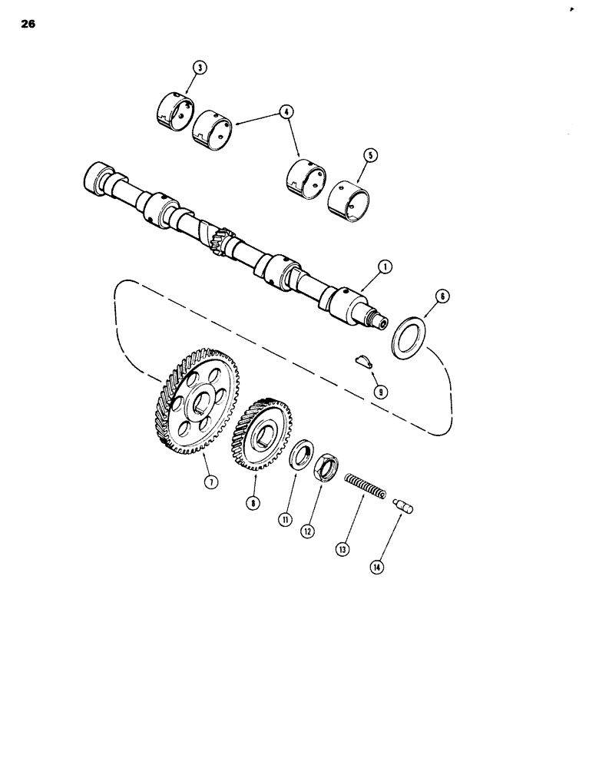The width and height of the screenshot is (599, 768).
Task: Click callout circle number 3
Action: click(x=199, y=68)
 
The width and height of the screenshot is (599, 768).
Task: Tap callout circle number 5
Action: click(x=371, y=154)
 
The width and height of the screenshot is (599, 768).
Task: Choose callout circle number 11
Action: click(x=285, y=519)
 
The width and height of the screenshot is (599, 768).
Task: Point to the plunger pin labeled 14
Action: click(x=402, y=505)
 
